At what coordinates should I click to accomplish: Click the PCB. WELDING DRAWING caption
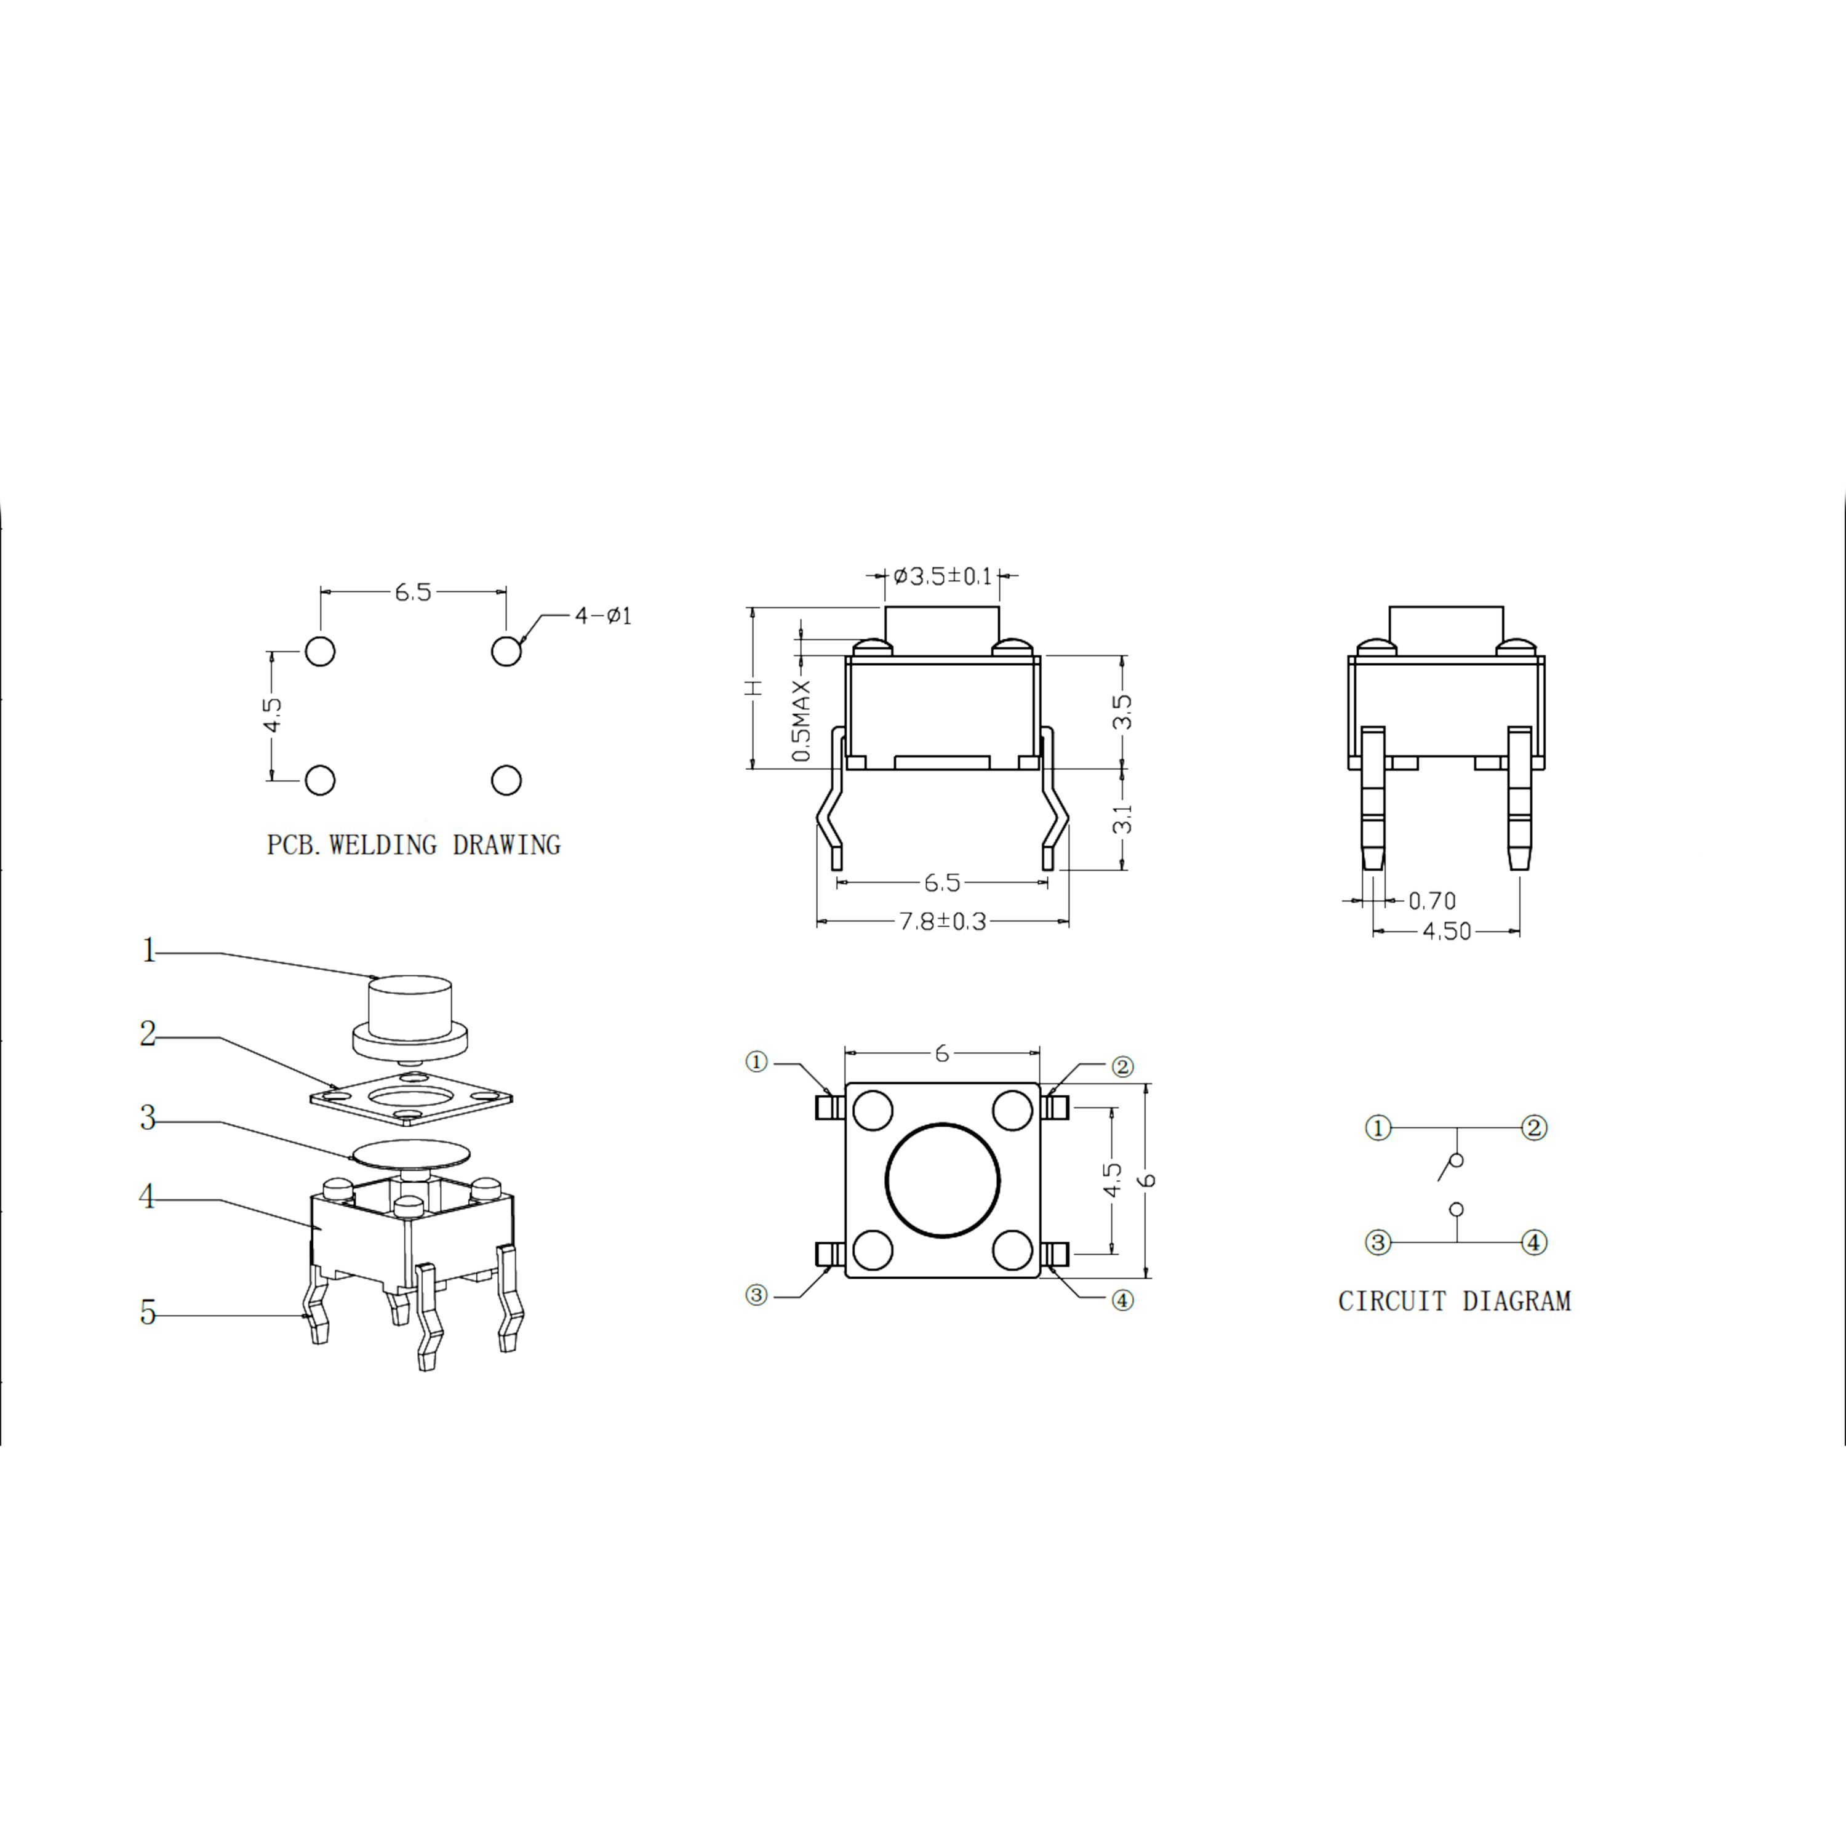[413, 845]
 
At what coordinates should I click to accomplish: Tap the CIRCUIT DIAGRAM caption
[1454, 1301]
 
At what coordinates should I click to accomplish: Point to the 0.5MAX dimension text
[802, 721]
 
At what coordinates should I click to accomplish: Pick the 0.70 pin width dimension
[1432, 900]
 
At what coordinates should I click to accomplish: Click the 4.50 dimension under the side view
[1447, 930]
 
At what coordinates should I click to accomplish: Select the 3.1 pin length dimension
[1124, 818]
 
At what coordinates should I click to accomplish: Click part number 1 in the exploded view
[148, 951]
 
